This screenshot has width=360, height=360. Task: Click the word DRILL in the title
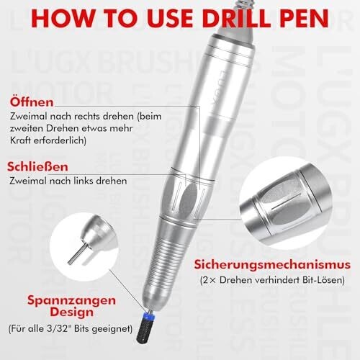237,19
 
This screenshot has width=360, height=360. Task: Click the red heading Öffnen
32,102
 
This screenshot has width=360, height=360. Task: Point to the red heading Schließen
37,166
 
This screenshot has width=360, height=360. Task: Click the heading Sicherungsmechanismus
272,265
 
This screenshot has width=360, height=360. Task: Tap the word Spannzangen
71,300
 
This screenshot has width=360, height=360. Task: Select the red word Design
71,312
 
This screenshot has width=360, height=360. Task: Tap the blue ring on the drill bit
149,317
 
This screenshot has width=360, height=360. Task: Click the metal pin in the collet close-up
77,253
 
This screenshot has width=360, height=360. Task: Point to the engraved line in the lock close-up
286,201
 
